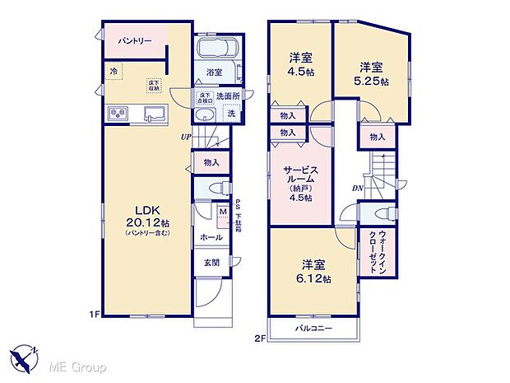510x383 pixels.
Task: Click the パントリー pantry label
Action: pyautogui.click(x=133, y=40)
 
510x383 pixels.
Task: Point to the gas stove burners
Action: pyautogui.click(x=117, y=113)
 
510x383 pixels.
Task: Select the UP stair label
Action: pyautogui.click(x=187, y=136)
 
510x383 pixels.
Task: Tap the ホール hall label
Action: pyautogui.click(x=210, y=237)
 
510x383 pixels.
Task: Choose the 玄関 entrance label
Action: pyautogui.click(x=211, y=263)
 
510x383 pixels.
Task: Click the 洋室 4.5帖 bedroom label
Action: pyautogui.click(x=300, y=63)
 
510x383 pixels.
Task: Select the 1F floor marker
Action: pyautogui.click(x=95, y=314)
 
